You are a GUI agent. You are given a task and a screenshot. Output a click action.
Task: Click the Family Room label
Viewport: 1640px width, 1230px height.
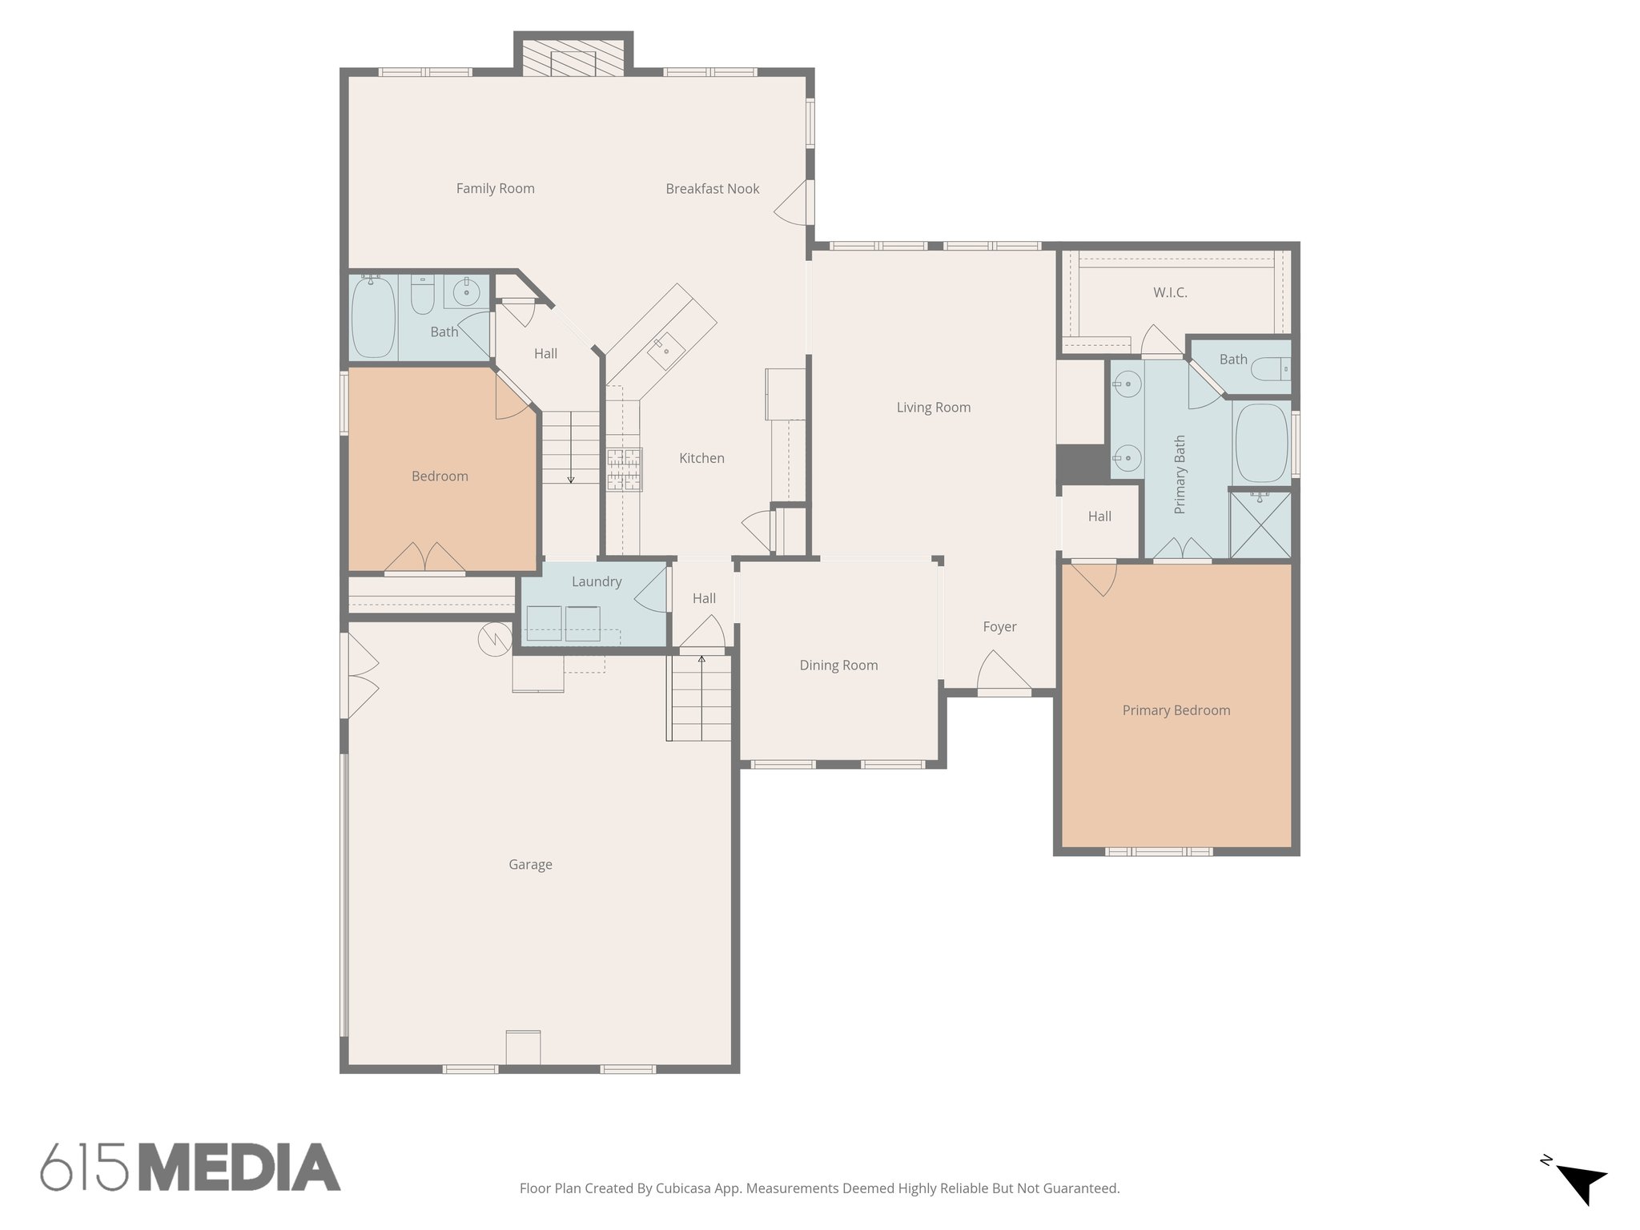495,189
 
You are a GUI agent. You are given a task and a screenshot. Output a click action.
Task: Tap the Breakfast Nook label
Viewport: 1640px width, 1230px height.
712,189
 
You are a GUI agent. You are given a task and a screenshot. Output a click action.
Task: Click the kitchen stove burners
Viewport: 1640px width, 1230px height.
624,469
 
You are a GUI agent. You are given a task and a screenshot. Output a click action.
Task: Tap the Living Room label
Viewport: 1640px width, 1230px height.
933,408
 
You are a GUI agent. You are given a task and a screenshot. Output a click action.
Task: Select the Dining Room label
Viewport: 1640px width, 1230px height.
838,665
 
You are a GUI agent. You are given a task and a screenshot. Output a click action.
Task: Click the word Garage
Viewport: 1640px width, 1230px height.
530,865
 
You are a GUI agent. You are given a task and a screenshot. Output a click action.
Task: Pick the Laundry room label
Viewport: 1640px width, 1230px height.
597,582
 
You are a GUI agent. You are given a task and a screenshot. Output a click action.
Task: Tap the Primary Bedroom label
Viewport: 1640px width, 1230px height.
1176,710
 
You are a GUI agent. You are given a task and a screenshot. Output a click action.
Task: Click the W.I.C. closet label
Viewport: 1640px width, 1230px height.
1170,293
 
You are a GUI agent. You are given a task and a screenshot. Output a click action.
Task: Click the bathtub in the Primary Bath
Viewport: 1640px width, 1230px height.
1261,441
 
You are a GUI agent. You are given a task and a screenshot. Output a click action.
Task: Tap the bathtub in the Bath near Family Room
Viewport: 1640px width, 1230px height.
374,317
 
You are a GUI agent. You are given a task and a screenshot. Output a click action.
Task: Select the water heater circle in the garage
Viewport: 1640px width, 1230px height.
494,639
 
